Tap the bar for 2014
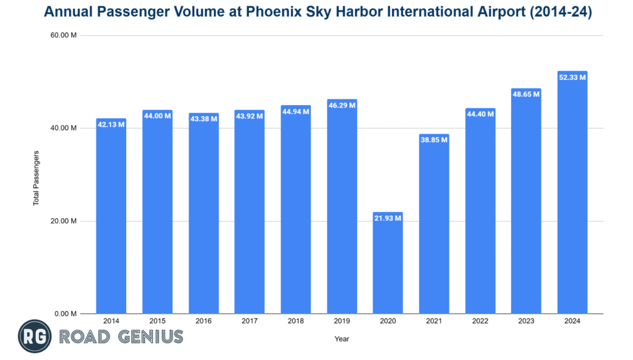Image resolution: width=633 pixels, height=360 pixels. pos(111,216)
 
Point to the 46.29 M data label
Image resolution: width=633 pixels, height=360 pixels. pos(342,106)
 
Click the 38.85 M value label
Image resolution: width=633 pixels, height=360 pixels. pos(434,140)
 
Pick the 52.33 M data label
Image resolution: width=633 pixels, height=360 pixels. pos(572,77)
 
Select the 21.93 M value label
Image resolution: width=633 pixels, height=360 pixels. pos(388,218)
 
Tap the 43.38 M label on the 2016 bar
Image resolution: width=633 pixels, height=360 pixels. pos(203,118)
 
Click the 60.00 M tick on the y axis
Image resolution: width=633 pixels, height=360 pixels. pos(64,35)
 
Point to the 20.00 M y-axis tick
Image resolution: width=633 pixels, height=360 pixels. pos(64,221)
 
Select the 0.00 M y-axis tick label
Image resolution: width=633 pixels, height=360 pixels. pos(66,314)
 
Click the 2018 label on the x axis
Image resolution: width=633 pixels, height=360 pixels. pos(295,322)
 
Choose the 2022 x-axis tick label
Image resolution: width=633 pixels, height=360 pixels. pos(480,322)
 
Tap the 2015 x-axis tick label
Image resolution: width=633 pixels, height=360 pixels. pos(157,322)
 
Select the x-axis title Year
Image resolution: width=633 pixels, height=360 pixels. pos(342,338)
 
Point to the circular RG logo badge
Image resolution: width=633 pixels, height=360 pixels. pos(34,337)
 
